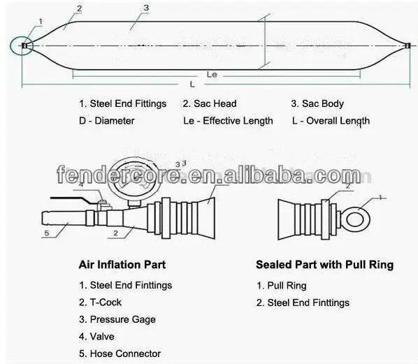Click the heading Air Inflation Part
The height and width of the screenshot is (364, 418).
point(122,265)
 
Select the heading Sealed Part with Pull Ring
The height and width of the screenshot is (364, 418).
point(325,265)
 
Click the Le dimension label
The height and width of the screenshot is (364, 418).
point(212,74)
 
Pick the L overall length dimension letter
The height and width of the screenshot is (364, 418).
point(192,85)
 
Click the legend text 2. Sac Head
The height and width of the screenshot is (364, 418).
point(210,103)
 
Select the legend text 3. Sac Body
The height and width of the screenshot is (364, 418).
point(317,103)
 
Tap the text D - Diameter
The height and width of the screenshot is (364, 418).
point(107,121)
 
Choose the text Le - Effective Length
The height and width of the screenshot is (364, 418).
point(228,121)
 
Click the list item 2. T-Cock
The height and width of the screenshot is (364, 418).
point(100,303)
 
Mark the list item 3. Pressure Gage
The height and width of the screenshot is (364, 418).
point(117,319)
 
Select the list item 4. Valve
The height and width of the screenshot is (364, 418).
point(96,337)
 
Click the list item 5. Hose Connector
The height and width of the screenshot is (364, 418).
point(120,354)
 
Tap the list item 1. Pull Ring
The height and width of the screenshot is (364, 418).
point(282,286)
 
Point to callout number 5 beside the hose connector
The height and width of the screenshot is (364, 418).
point(47,233)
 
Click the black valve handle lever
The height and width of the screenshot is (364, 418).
point(72,199)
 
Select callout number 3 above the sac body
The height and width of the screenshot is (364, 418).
point(146,8)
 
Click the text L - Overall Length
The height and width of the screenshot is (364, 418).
point(331,121)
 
